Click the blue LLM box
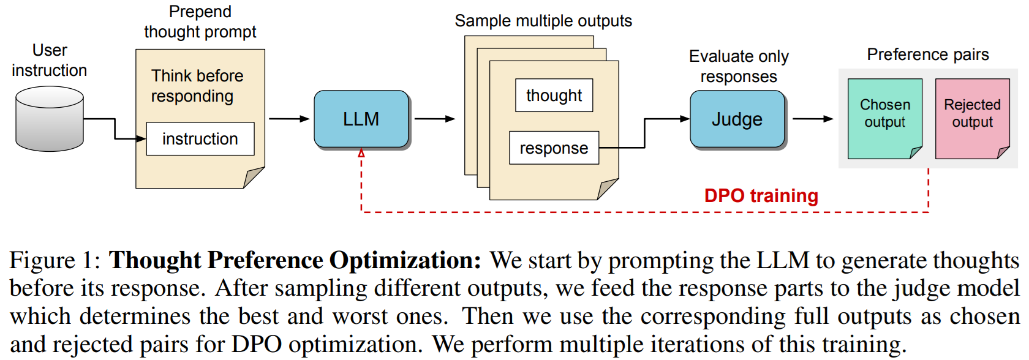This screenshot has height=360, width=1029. click(361, 119)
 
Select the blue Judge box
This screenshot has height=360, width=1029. click(737, 119)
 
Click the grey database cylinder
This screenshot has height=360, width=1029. click(50, 119)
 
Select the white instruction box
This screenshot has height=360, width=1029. click(200, 139)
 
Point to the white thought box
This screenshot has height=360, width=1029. click(554, 96)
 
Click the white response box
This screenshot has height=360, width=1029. click(554, 148)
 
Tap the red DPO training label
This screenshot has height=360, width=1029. click(761, 196)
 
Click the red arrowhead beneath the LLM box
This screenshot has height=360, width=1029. click(361, 153)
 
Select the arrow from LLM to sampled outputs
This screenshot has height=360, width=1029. click(434, 119)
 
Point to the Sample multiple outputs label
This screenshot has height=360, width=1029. click(543, 21)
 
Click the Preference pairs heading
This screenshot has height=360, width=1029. click(927, 54)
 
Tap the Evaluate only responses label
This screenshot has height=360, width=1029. click(739, 66)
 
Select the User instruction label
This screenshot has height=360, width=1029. click(50, 60)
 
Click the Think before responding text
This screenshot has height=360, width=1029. click(197, 86)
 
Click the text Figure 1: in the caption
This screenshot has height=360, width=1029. click(55, 260)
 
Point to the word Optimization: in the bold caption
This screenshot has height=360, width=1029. click(405, 260)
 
